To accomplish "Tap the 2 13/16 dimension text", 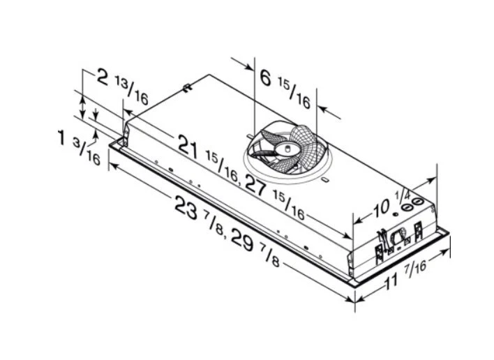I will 122,87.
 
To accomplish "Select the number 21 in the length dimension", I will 188,147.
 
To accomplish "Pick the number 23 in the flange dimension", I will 187,207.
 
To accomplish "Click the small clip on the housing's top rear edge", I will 187,87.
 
